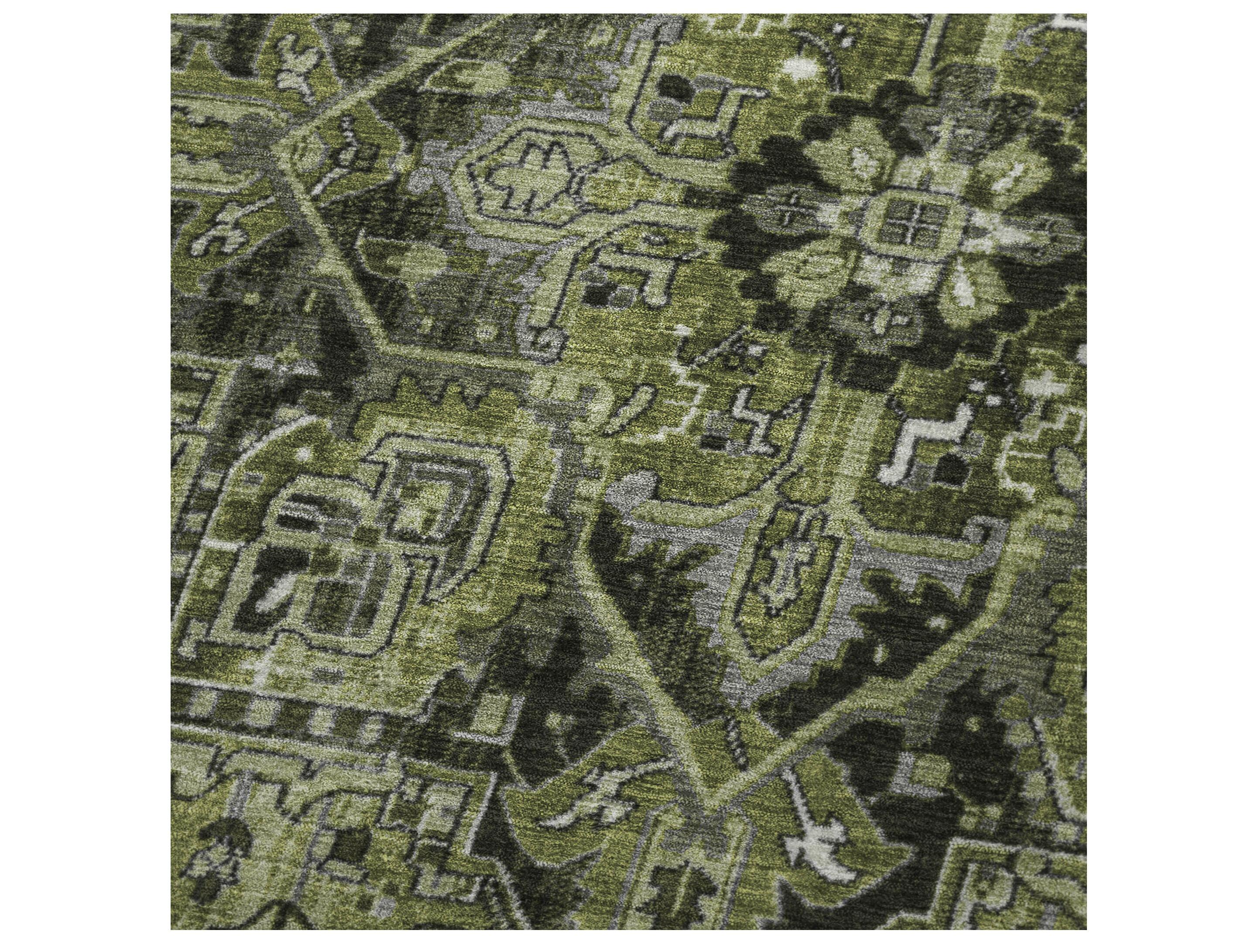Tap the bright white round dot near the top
click(799, 68)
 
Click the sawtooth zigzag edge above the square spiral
click(455, 392)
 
